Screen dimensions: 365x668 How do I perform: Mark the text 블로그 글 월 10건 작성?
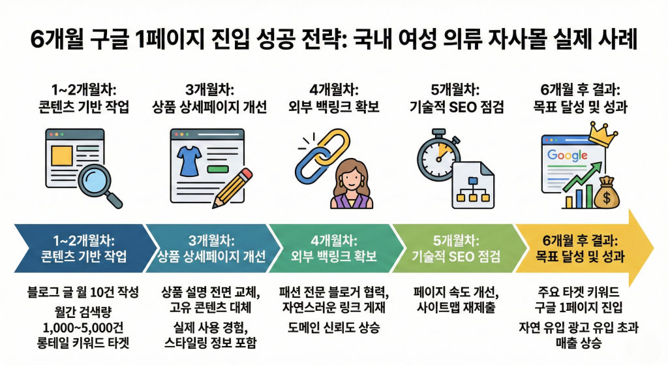(x=83, y=292)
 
